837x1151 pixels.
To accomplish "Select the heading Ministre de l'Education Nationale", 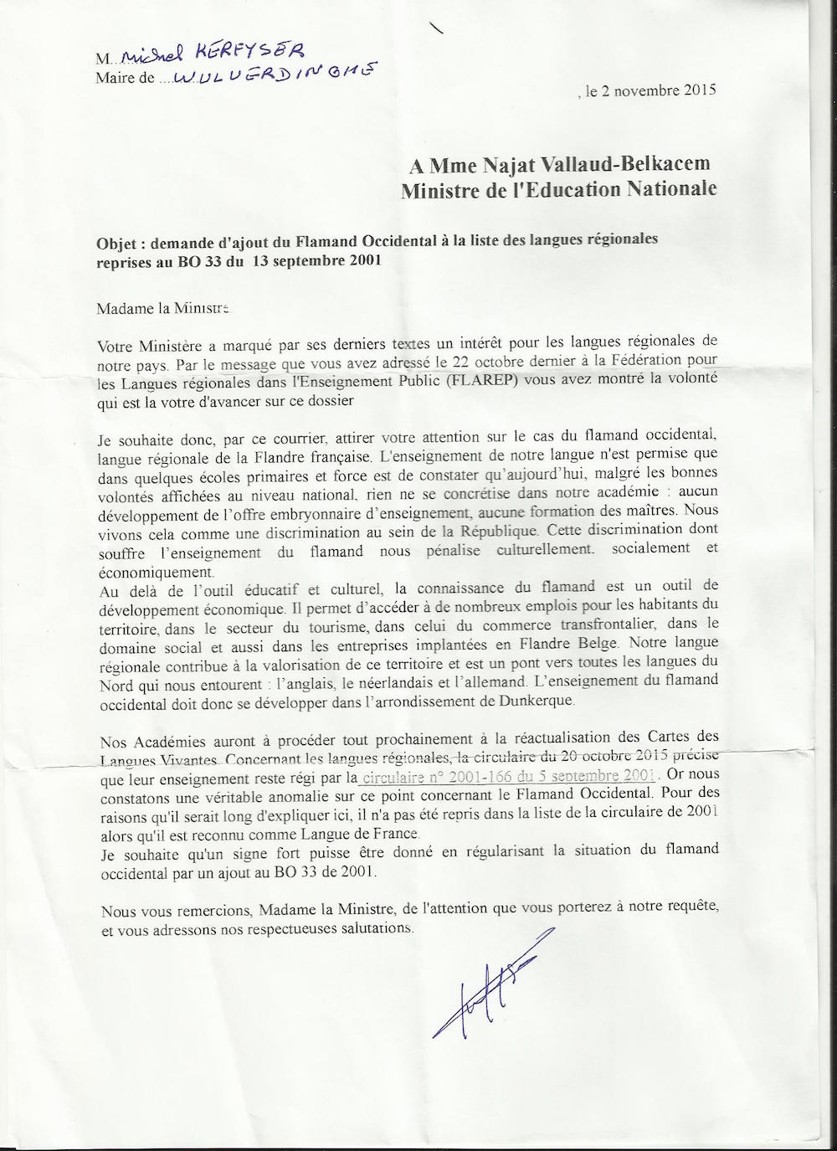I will pos(558,189).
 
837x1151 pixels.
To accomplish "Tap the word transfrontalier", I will pos(624,624).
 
